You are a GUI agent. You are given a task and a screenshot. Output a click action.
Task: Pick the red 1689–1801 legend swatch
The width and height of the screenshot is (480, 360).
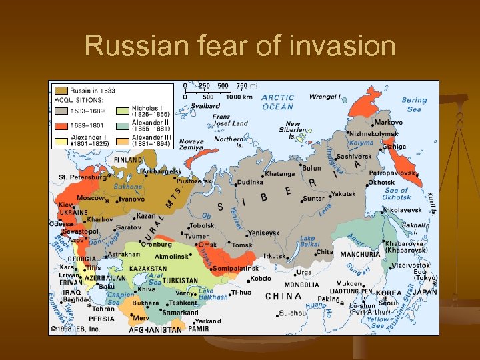[61, 124]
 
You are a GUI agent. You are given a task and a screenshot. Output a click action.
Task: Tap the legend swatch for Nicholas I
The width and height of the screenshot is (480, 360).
[123, 111]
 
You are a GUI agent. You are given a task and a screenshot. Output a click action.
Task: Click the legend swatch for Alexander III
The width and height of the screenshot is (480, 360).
[123, 141]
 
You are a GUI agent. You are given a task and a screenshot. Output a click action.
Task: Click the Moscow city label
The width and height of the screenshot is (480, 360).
[91, 198]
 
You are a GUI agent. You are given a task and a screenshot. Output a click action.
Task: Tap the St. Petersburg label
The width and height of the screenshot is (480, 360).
[81, 177]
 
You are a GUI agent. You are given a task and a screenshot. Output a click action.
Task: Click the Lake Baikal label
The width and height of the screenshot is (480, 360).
[307, 241]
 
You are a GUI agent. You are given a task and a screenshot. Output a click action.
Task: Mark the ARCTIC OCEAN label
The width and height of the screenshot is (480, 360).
[277, 102]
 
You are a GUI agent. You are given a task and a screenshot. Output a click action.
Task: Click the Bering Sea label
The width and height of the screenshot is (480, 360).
[414, 105]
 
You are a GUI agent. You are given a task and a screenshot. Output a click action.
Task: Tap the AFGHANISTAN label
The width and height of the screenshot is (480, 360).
[155, 329]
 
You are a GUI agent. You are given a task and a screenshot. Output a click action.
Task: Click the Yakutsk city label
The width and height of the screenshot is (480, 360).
[343, 195]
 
